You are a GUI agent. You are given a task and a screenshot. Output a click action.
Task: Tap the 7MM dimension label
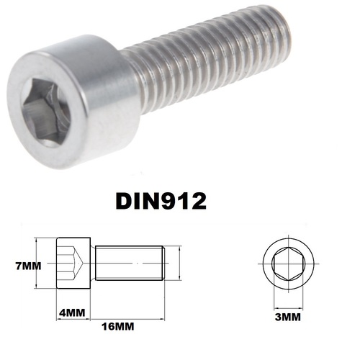pos(29,266)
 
